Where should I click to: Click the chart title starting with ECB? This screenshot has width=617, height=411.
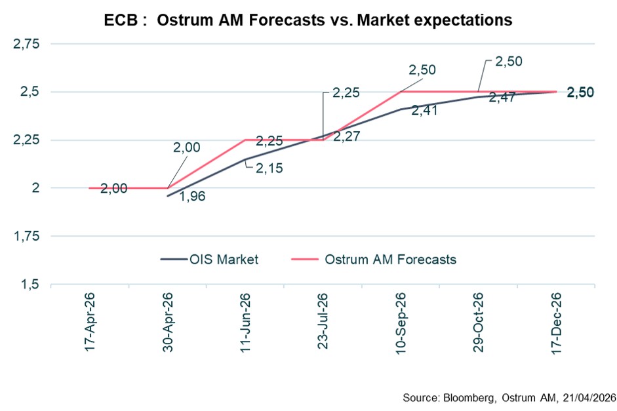point(308,20)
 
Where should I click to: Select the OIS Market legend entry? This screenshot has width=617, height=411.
point(209,260)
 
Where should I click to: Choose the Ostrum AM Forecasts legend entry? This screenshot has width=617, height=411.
point(374,260)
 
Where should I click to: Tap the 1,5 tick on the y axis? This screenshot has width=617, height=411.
point(30,284)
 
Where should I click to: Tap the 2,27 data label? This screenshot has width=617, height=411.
point(346,137)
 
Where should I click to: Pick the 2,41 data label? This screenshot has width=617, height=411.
point(424,111)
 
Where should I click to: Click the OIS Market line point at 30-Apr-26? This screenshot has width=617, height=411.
point(168,196)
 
